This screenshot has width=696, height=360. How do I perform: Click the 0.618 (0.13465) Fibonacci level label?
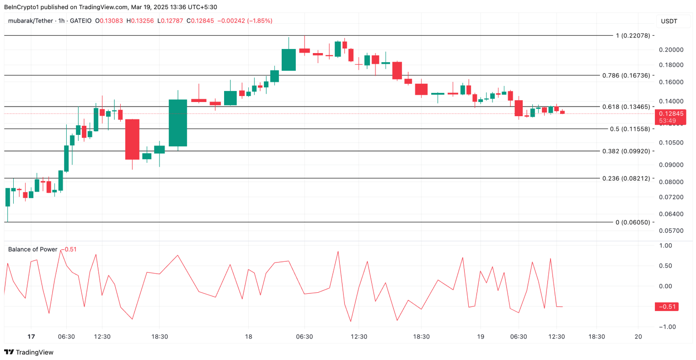[x=626, y=107]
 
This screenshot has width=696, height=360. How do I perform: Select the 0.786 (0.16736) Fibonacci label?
[x=626, y=75]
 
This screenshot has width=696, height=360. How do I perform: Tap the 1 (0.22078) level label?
[x=633, y=36]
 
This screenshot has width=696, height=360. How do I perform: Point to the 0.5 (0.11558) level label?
[x=630, y=129]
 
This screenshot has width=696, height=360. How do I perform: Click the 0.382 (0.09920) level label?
[x=626, y=151]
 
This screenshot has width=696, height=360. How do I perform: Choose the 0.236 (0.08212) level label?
[x=626, y=178]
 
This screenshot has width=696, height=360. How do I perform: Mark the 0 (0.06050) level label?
[x=632, y=222]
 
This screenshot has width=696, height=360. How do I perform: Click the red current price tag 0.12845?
[x=671, y=114]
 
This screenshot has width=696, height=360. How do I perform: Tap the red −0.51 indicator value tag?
[x=666, y=306]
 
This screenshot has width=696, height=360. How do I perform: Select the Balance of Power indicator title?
[x=33, y=249]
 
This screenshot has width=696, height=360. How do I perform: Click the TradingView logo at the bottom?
[x=29, y=352]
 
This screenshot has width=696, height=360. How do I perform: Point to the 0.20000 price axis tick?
[x=671, y=50]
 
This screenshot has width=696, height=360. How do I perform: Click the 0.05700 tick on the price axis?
[x=671, y=231]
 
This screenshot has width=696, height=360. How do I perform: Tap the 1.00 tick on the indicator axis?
[x=666, y=246]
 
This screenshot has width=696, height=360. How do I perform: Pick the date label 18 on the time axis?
[x=248, y=337]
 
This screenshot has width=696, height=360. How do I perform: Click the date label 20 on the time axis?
[x=638, y=337]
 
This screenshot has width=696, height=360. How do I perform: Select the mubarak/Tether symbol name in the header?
[x=30, y=21]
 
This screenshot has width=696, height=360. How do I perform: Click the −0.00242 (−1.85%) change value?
[x=245, y=21]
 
